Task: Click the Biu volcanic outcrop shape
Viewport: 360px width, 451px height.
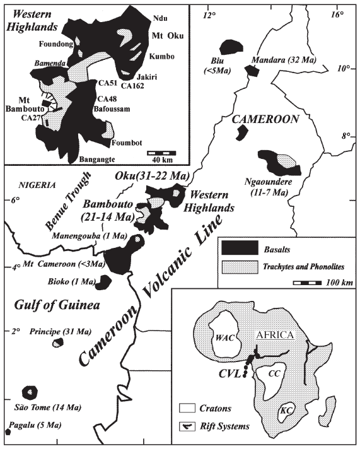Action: tap(232, 47)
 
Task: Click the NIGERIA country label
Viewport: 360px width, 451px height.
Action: tap(38, 185)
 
